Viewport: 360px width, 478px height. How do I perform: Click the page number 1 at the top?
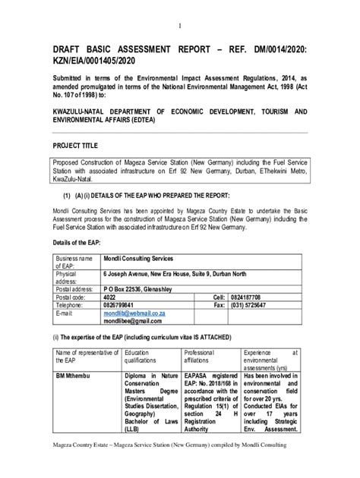180,26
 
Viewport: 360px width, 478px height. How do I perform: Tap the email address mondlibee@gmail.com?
134,321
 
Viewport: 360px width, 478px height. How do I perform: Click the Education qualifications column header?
144,357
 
